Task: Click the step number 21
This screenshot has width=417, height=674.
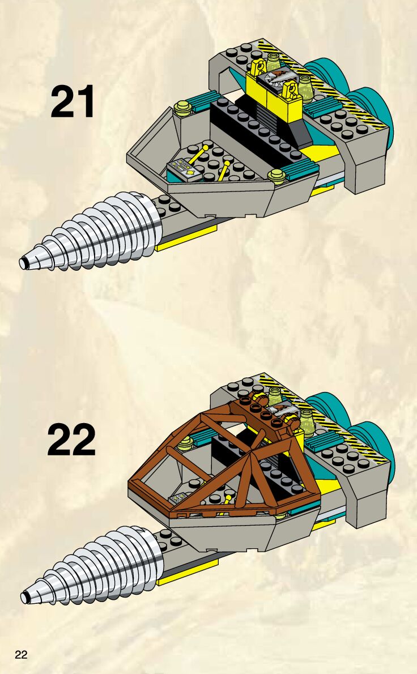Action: point(73,102)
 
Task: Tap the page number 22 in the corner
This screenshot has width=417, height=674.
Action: point(22,655)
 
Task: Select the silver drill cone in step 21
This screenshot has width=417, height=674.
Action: point(96,232)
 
